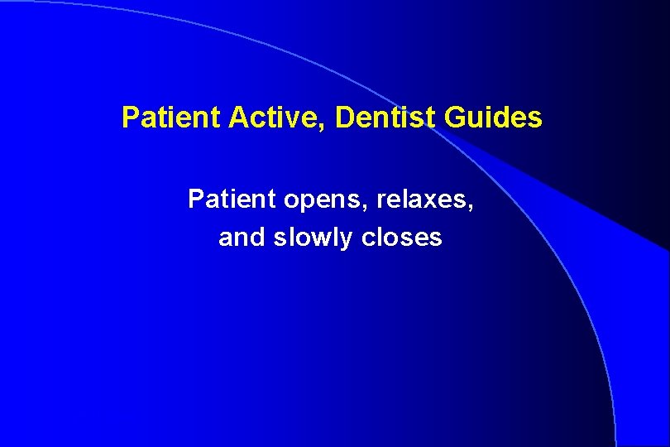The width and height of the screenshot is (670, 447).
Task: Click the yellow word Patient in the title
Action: (160, 118)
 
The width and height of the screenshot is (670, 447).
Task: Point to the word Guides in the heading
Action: (493, 118)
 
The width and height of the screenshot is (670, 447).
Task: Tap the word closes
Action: (403, 238)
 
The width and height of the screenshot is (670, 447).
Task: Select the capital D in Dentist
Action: (345, 118)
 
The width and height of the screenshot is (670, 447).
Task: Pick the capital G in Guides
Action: (455, 118)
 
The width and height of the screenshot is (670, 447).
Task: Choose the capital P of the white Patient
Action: (196, 199)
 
